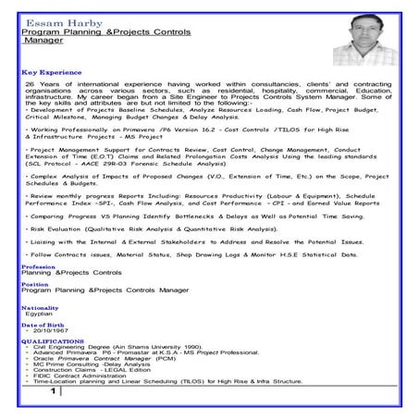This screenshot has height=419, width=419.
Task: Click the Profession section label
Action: tap(37, 266)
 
